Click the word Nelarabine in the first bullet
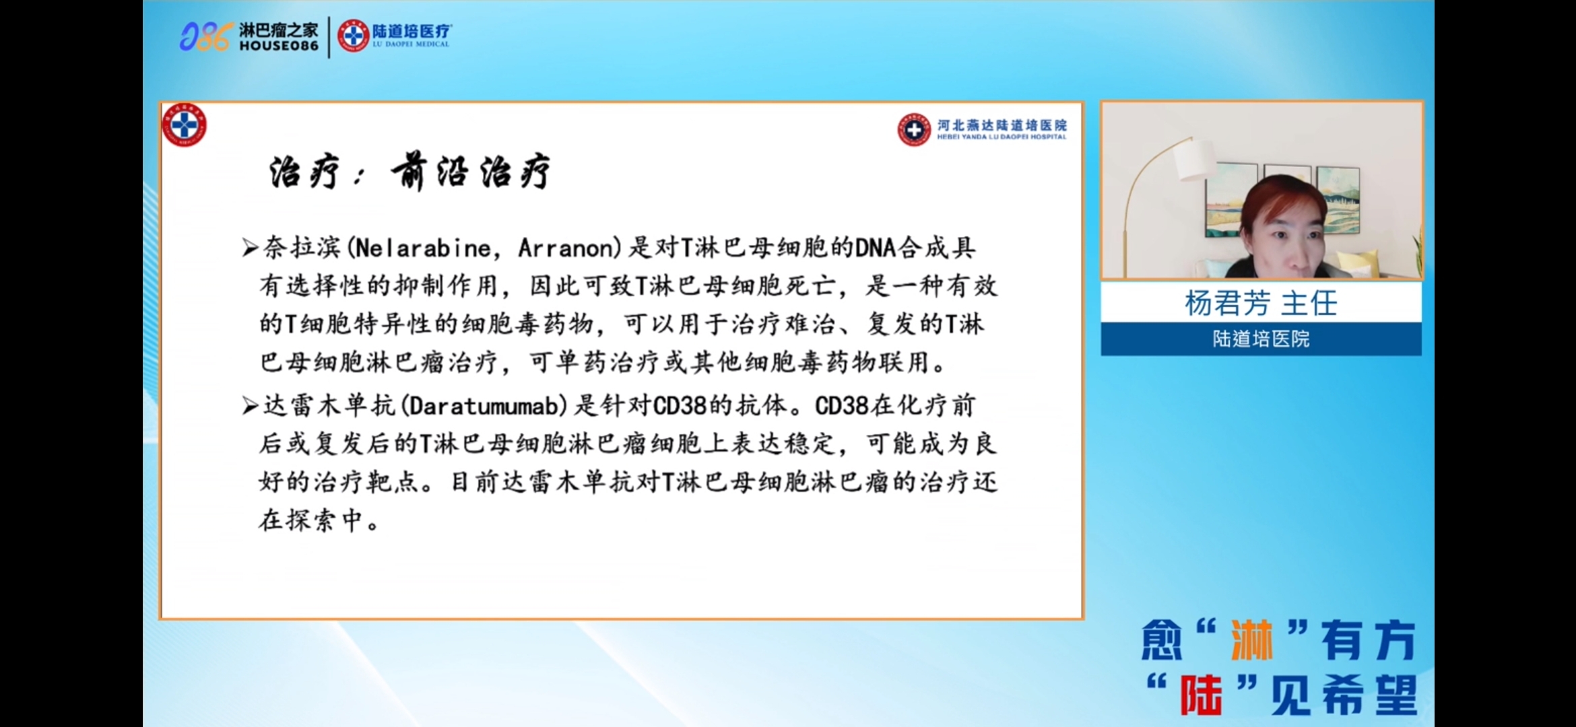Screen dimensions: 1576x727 [x=423, y=248]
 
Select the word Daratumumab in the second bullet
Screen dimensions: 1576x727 [x=484, y=406]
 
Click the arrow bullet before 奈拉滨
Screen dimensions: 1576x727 [x=251, y=248]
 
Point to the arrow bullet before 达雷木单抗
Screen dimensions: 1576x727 [x=251, y=406]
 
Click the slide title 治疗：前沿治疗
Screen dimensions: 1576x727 [x=409, y=171]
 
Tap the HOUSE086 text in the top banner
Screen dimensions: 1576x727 [x=279, y=46]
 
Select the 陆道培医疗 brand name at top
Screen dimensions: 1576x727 [x=412, y=31]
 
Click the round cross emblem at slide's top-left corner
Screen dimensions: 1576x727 [x=184, y=125]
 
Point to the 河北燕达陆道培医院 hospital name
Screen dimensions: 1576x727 [x=1002, y=125]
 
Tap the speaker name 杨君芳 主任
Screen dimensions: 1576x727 [x=1261, y=303]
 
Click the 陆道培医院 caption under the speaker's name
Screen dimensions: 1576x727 [x=1261, y=339]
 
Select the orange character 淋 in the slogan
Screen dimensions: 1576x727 [x=1252, y=640]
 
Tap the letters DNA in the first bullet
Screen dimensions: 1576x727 [x=875, y=248]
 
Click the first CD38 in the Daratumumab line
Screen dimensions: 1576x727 [x=680, y=406]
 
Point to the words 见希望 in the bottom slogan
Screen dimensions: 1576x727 [x=1344, y=695]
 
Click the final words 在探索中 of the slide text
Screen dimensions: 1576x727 [x=310, y=520]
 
